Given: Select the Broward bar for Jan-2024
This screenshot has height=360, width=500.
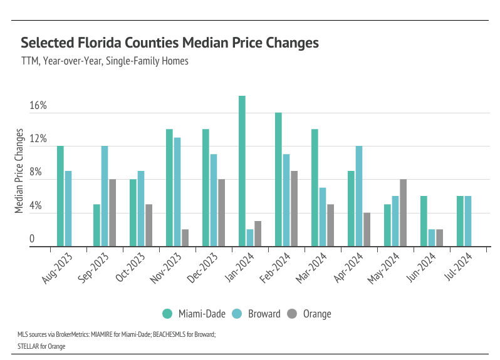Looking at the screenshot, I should [250, 238].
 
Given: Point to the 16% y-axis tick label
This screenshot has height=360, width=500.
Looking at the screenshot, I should [38, 105].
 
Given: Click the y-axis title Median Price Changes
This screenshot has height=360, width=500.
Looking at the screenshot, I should [19, 172].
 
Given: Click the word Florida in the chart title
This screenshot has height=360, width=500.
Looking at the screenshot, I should [97, 43].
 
